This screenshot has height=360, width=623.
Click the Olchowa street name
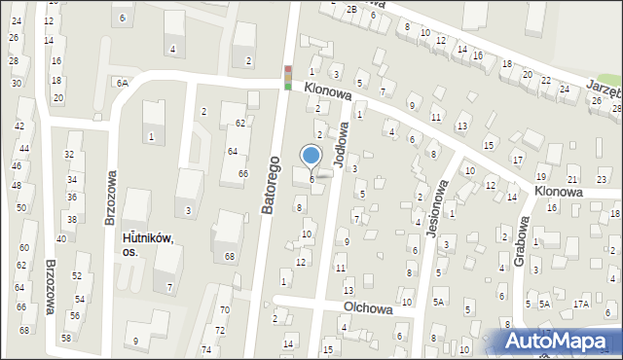(x=367, y=308)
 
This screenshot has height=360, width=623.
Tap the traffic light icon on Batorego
(x=287, y=77)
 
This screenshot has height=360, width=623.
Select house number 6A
(x=122, y=84)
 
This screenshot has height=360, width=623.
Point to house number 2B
(x=351, y=9)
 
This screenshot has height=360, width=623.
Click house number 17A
(x=581, y=304)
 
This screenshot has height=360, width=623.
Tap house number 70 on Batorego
(x=224, y=309)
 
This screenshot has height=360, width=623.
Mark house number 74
(x=205, y=349)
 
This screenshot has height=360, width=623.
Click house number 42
(x=19, y=126)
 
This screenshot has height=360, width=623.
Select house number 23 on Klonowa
(x=602, y=180)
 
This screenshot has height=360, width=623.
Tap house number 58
(x=66, y=338)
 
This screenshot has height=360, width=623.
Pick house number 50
(x=21, y=208)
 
